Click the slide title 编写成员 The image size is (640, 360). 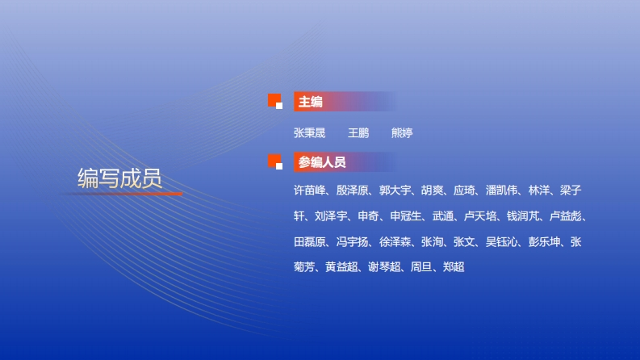pyautogui.click(x=119, y=178)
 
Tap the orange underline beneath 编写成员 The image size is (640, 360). pyautogui.click(x=121, y=194)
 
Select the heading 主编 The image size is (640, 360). pyautogui.click(x=311, y=102)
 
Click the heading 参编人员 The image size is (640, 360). pyautogui.click(x=322, y=162)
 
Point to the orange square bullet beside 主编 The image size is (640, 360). pyautogui.click(x=275, y=101)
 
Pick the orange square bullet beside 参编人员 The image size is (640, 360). pyautogui.click(x=275, y=161)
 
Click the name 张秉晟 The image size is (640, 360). pyautogui.click(x=309, y=133)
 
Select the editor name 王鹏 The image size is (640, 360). pyautogui.click(x=358, y=133)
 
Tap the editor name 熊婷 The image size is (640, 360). pyautogui.click(x=402, y=133)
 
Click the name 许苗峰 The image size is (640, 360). pyautogui.click(x=309, y=190)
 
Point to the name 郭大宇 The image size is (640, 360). pyautogui.click(x=395, y=190)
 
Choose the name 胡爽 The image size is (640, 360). pyautogui.click(x=433, y=190)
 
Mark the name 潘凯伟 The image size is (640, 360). pyautogui.click(x=502, y=190)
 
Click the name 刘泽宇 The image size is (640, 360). pyautogui.click(x=331, y=216)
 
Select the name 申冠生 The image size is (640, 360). pyautogui.click(x=406, y=216)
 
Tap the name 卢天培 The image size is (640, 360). pyautogui.click(x=480, y=216)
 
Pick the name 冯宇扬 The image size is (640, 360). pyautogui.click(x=352, y=242)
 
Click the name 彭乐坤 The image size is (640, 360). pyautogui.click(x=545, y=242)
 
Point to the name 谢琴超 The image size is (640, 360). pyautogui.click(x=384, y=267)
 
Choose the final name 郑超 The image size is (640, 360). pyautogui.click(x=454, y=267)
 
